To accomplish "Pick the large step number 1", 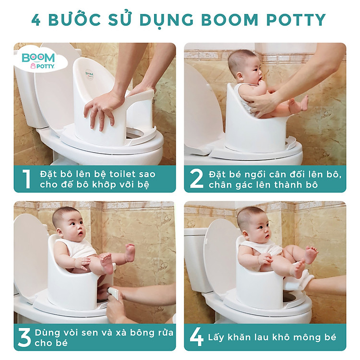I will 26,179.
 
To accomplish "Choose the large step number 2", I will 197,179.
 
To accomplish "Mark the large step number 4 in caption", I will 197,337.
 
